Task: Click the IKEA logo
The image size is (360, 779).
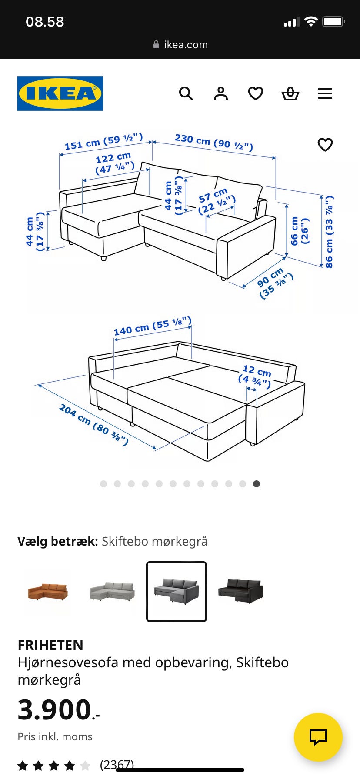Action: click(60, 93)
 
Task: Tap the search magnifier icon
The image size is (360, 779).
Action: click(186, 93)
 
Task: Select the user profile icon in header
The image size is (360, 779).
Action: click(220, 93)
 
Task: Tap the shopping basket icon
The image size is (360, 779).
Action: click(290, 93)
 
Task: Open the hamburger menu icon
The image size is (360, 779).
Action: click(325, 93)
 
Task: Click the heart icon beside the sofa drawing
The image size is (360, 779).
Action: click(325, 144)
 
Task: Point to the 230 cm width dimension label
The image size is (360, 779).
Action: click(213, 142)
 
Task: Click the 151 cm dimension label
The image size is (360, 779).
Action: click(103, 142)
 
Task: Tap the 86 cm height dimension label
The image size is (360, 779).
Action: click(329, 231)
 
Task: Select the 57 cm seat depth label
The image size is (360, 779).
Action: click(216, 200)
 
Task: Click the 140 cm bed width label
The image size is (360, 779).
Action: click(152, 326)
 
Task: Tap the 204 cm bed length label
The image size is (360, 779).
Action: click(93, 425)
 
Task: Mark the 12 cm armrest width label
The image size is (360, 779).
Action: click(255, 376)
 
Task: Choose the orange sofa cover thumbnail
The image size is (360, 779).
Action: click(48, 592)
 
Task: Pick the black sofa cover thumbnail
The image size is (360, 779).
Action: click(240, 592)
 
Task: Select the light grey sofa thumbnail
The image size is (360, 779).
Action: click(112, 592)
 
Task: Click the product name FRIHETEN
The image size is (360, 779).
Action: click(50, 645)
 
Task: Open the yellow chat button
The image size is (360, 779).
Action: click(318, 737)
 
